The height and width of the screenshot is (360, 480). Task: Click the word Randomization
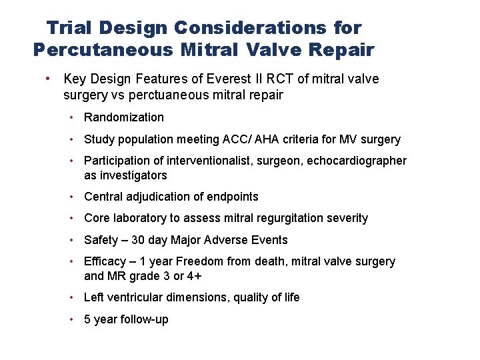point(124,117)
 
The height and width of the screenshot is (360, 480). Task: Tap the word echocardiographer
point(357,161)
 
